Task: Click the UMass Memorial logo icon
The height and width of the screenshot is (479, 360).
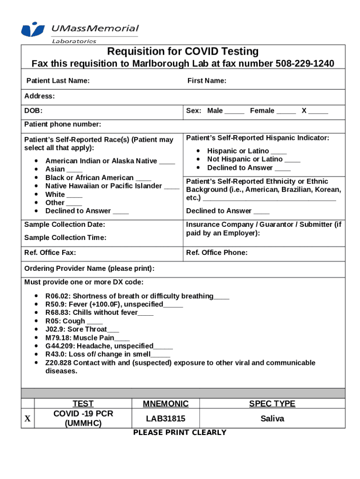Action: click(x=33, y=29)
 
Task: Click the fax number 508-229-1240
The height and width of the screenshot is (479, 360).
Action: click(x=305, y=64)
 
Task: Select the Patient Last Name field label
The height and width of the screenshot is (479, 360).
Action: click(x=58, y=81)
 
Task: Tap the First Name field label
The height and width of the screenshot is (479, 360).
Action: click(x=207, y=81)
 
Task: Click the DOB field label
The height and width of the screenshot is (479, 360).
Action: click(x=33, y=111)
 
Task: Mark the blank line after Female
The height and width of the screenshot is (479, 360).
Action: click(x=286, y=111)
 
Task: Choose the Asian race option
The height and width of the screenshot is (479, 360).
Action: click(x=55, y=169)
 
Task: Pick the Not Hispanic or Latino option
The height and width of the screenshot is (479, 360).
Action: click(x=245, y=160)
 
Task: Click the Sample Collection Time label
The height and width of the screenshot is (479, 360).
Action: click(x=65, y=238)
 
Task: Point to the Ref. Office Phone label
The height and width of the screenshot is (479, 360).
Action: click(x=217, y=253)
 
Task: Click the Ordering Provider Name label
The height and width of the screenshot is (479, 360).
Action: click(x=89, y=269)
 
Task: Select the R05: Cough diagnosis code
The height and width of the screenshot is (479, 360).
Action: click(x=65, y=321)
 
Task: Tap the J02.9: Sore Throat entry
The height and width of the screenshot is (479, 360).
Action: click(x=76, y=329)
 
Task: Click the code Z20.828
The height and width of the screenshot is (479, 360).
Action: click(x=58, y=363)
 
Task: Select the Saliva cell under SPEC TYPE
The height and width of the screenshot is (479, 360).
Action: click(x=272, y=419)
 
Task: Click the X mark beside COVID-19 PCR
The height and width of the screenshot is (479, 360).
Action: click(x=28, y=419)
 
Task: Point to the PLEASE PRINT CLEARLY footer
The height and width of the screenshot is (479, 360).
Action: click(x=180, y=433)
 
